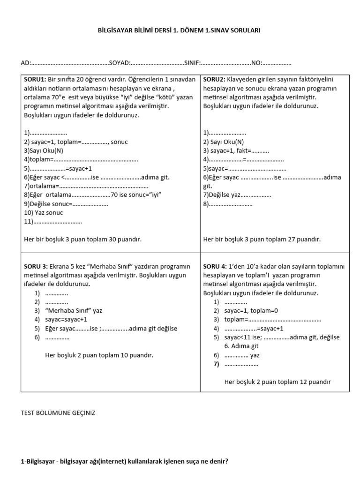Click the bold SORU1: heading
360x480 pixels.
point(35,80)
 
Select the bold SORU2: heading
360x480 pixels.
point(215,80)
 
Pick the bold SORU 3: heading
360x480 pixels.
point(36,266)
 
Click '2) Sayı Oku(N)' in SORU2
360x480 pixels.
point(224,142)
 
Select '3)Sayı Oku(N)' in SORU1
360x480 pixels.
point(43,151)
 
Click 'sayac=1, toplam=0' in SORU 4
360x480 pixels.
point(251,311)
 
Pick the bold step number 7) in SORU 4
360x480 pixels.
point(216,364)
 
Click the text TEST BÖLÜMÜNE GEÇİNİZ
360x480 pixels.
point(58,413)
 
